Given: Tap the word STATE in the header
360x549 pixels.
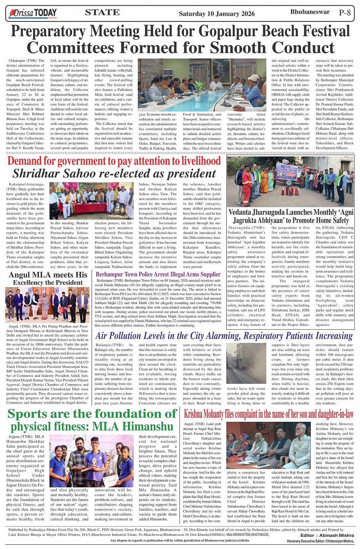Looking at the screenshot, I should (102, 13).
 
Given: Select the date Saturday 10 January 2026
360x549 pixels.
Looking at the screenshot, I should (216, 14).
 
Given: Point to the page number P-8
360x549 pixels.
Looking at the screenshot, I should (344, 13).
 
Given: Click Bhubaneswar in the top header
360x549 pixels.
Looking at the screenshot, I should (310, 12).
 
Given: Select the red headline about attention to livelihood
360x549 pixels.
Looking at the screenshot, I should (114, 161).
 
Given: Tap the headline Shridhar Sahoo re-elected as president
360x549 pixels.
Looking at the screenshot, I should (114, 174).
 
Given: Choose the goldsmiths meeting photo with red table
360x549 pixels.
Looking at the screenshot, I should (91, 200).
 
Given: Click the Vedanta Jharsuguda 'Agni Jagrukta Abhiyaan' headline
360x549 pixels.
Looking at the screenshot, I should (291, 216).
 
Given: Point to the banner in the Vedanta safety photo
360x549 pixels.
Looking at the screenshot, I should (286, 171).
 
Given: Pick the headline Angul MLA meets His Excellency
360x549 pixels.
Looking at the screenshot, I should (48, 278).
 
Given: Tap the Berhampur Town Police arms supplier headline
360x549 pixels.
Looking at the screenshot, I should (158, 274).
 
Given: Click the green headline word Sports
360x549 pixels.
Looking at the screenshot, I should (32, 413).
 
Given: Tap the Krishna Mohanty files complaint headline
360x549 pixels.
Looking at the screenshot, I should (269, 414).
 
